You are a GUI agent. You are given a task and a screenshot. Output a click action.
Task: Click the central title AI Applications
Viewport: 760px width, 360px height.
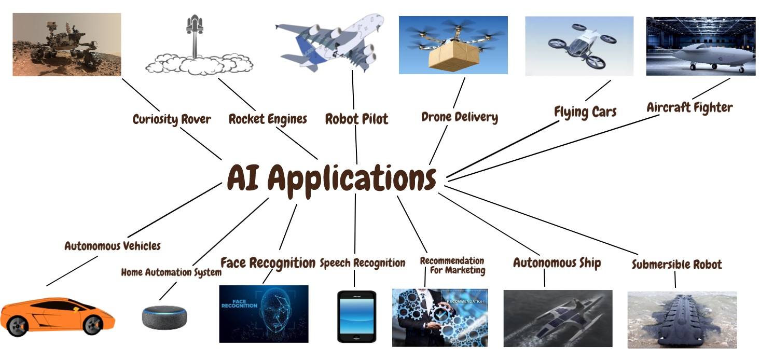pos(331,179)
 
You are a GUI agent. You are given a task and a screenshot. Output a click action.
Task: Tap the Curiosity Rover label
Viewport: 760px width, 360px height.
pos(172,119)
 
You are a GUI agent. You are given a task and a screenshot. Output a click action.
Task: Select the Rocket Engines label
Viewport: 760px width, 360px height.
pos(268,119)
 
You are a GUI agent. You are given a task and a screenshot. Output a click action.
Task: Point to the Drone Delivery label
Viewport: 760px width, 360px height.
pos(460,117)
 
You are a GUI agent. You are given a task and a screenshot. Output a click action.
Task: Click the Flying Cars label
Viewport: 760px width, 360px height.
pos(585,112)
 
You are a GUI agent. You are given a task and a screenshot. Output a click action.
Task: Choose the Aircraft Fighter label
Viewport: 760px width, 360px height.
pos(689,107)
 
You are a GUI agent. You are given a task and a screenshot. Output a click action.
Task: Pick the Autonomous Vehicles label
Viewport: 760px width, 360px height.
pos(112,246)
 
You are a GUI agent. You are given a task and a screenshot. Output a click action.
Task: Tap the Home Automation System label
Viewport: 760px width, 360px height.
pos(171,272)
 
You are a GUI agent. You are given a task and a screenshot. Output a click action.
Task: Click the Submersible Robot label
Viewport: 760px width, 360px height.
pos(677,265)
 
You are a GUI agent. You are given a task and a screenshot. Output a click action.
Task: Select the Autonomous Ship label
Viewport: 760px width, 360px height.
pos(557,263)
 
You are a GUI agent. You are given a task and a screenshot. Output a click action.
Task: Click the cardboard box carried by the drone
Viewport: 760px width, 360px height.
pos(454,56)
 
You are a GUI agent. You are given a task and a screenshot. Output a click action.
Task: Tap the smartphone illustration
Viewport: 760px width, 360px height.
pos(356,316)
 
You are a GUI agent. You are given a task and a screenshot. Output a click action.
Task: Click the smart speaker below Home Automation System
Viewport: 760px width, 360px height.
pos(164,317)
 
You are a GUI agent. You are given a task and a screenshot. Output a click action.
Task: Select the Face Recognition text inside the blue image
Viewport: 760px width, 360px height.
pos(239,303)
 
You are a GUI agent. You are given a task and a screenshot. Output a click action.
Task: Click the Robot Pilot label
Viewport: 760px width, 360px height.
pos(356,119)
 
